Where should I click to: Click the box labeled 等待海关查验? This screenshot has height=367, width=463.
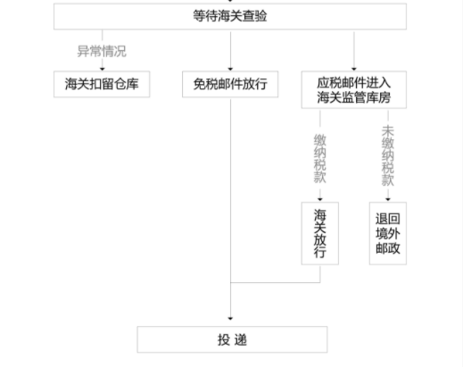(x=230, y=16)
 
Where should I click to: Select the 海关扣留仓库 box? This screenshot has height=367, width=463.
(x=102, y=84)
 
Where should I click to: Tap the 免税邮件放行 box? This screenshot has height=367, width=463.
(x=230, y=84)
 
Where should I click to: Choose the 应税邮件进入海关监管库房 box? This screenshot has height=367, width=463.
(x=354, y=89)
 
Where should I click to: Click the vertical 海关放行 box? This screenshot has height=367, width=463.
(x=320, y=233)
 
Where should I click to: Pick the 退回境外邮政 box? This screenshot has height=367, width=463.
(x=388, y=233)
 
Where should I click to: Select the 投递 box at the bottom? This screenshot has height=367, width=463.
(x=232, y=339)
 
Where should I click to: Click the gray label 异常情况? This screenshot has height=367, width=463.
(x=102, y=51)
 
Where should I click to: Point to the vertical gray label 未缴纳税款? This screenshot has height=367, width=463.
(x=388, y=155)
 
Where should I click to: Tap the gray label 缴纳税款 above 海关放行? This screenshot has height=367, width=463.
(x=320, y=159)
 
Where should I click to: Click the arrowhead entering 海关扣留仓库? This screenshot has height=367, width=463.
(x=103, y=69)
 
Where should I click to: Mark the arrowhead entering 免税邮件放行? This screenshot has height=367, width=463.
(x=230, y=69)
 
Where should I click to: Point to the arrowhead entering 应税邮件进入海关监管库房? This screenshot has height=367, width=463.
(x=354, y=69)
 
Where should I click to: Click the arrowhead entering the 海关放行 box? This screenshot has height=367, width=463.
(x=320, y=199)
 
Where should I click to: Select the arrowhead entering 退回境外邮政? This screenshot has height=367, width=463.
(x=388, y=199)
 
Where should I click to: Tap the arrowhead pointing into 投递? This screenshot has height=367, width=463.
(x=230, y=319)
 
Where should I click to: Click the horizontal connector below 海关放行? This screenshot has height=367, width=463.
(x=276, y=282)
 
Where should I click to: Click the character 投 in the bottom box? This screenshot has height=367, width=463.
(x=223, y=339)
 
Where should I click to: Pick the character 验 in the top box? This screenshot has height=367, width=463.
(x=260, y=16)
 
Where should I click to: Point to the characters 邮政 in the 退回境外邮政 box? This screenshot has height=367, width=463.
(x=388, y=248)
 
